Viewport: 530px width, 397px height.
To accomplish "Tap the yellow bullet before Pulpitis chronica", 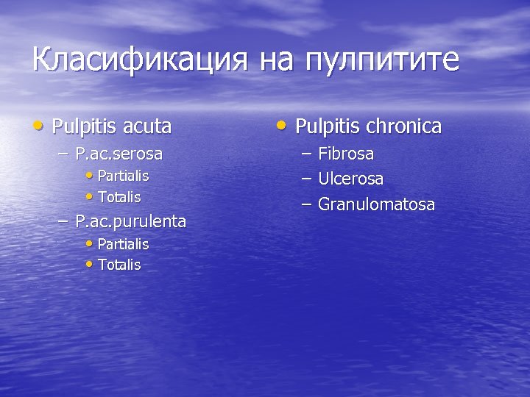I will point(283,126).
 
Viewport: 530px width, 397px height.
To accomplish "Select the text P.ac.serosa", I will point(119,154).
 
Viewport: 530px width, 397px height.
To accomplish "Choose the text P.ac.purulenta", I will point(130,221).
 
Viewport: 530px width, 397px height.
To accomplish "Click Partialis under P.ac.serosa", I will point(123,176).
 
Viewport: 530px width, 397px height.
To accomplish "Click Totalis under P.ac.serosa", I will point(119,198).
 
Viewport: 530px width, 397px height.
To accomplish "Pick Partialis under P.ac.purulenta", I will point(123,244).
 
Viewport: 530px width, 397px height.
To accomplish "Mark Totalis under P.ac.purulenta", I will point(119,265).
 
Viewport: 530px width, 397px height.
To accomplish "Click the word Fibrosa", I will point(346,154).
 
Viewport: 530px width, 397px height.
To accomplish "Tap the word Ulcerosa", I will point(350,179).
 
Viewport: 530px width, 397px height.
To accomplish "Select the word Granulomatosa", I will point(376,204).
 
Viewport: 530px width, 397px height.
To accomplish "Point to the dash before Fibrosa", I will point(305,154).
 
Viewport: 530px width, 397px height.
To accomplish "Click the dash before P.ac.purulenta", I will point(63,221).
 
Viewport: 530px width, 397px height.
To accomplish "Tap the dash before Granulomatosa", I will point(305,204).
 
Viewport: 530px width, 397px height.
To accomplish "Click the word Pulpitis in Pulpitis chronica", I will point(327,126).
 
